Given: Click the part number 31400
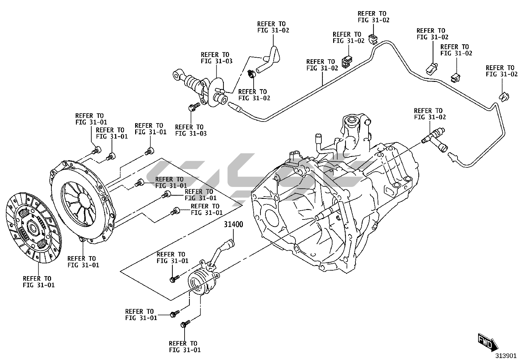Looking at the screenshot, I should pos(233,225).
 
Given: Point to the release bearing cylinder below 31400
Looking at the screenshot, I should pos(200,281).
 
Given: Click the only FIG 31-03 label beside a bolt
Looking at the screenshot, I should pos(191,130).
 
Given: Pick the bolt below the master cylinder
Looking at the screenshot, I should pos(194,107).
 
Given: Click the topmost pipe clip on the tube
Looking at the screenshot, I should pos(373,38).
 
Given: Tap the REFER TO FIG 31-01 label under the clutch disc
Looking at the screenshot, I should pos(39,282).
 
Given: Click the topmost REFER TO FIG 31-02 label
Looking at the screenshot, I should pos(373,17).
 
